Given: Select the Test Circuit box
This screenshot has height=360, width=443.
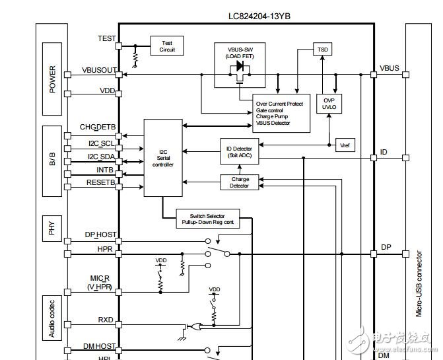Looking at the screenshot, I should (167, 46).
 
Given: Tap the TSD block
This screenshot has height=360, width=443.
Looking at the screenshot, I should (323, 50).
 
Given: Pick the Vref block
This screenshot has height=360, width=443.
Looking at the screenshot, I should (344, 145).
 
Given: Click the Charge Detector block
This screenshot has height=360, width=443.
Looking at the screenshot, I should (240, 182).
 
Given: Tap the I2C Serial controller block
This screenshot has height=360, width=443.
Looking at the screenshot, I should (162, 158).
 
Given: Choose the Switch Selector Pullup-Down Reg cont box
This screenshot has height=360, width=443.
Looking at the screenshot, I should (207, 219).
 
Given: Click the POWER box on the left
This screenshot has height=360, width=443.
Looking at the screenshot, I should (53, 79).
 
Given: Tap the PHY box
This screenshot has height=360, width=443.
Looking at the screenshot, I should (53, 229).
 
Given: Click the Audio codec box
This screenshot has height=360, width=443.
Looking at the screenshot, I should (53, 317).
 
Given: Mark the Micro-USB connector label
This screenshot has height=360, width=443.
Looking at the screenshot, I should (419, 284).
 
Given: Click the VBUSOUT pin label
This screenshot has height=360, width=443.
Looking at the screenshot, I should (99, 70).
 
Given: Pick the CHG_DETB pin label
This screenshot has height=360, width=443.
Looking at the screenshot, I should (98, 126).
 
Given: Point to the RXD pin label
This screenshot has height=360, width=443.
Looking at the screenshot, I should (106, 320).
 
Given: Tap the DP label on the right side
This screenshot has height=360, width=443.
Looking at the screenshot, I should (386, 247).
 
